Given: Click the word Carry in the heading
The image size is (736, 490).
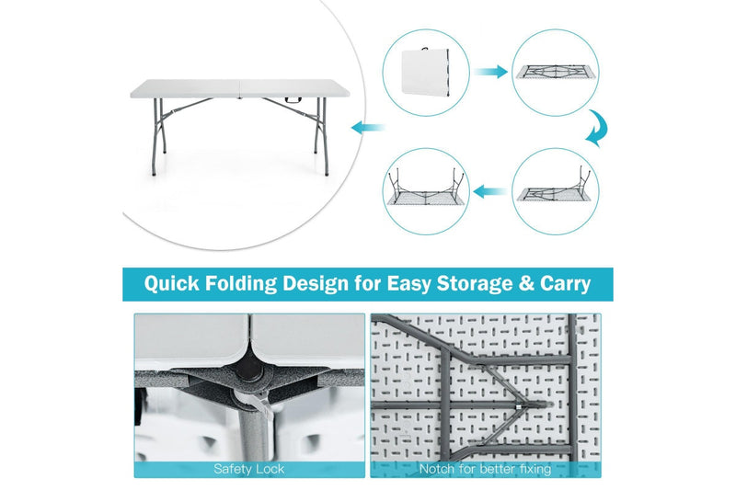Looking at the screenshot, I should tap(560, 283).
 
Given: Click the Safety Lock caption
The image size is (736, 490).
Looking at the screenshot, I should tap(249, 469).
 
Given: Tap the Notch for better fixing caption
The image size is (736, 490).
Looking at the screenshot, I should tap(485, 469).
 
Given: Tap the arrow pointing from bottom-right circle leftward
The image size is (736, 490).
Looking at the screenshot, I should tap(490, 192).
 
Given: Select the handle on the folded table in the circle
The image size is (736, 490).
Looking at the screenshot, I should tap(426, 45).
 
